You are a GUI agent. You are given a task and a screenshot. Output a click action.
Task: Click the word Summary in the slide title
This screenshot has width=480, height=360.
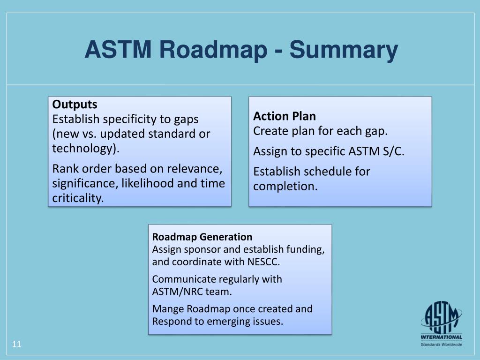coord(343,50)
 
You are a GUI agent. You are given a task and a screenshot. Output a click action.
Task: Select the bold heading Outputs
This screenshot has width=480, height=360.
coord(75,104)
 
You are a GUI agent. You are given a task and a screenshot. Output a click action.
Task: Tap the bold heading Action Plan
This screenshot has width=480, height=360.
coord(285,116)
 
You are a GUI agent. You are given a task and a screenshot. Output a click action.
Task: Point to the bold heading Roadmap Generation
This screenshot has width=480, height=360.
coord(202,237)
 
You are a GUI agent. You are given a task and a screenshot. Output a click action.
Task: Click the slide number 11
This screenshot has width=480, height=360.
coord(17,345)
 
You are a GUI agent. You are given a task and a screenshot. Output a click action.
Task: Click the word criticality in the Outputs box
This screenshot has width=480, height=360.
coord(77,198)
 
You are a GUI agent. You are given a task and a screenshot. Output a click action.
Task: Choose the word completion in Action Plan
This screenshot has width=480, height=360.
coord(285,187)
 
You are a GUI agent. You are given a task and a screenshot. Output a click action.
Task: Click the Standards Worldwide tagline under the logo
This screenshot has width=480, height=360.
coord(441,345)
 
